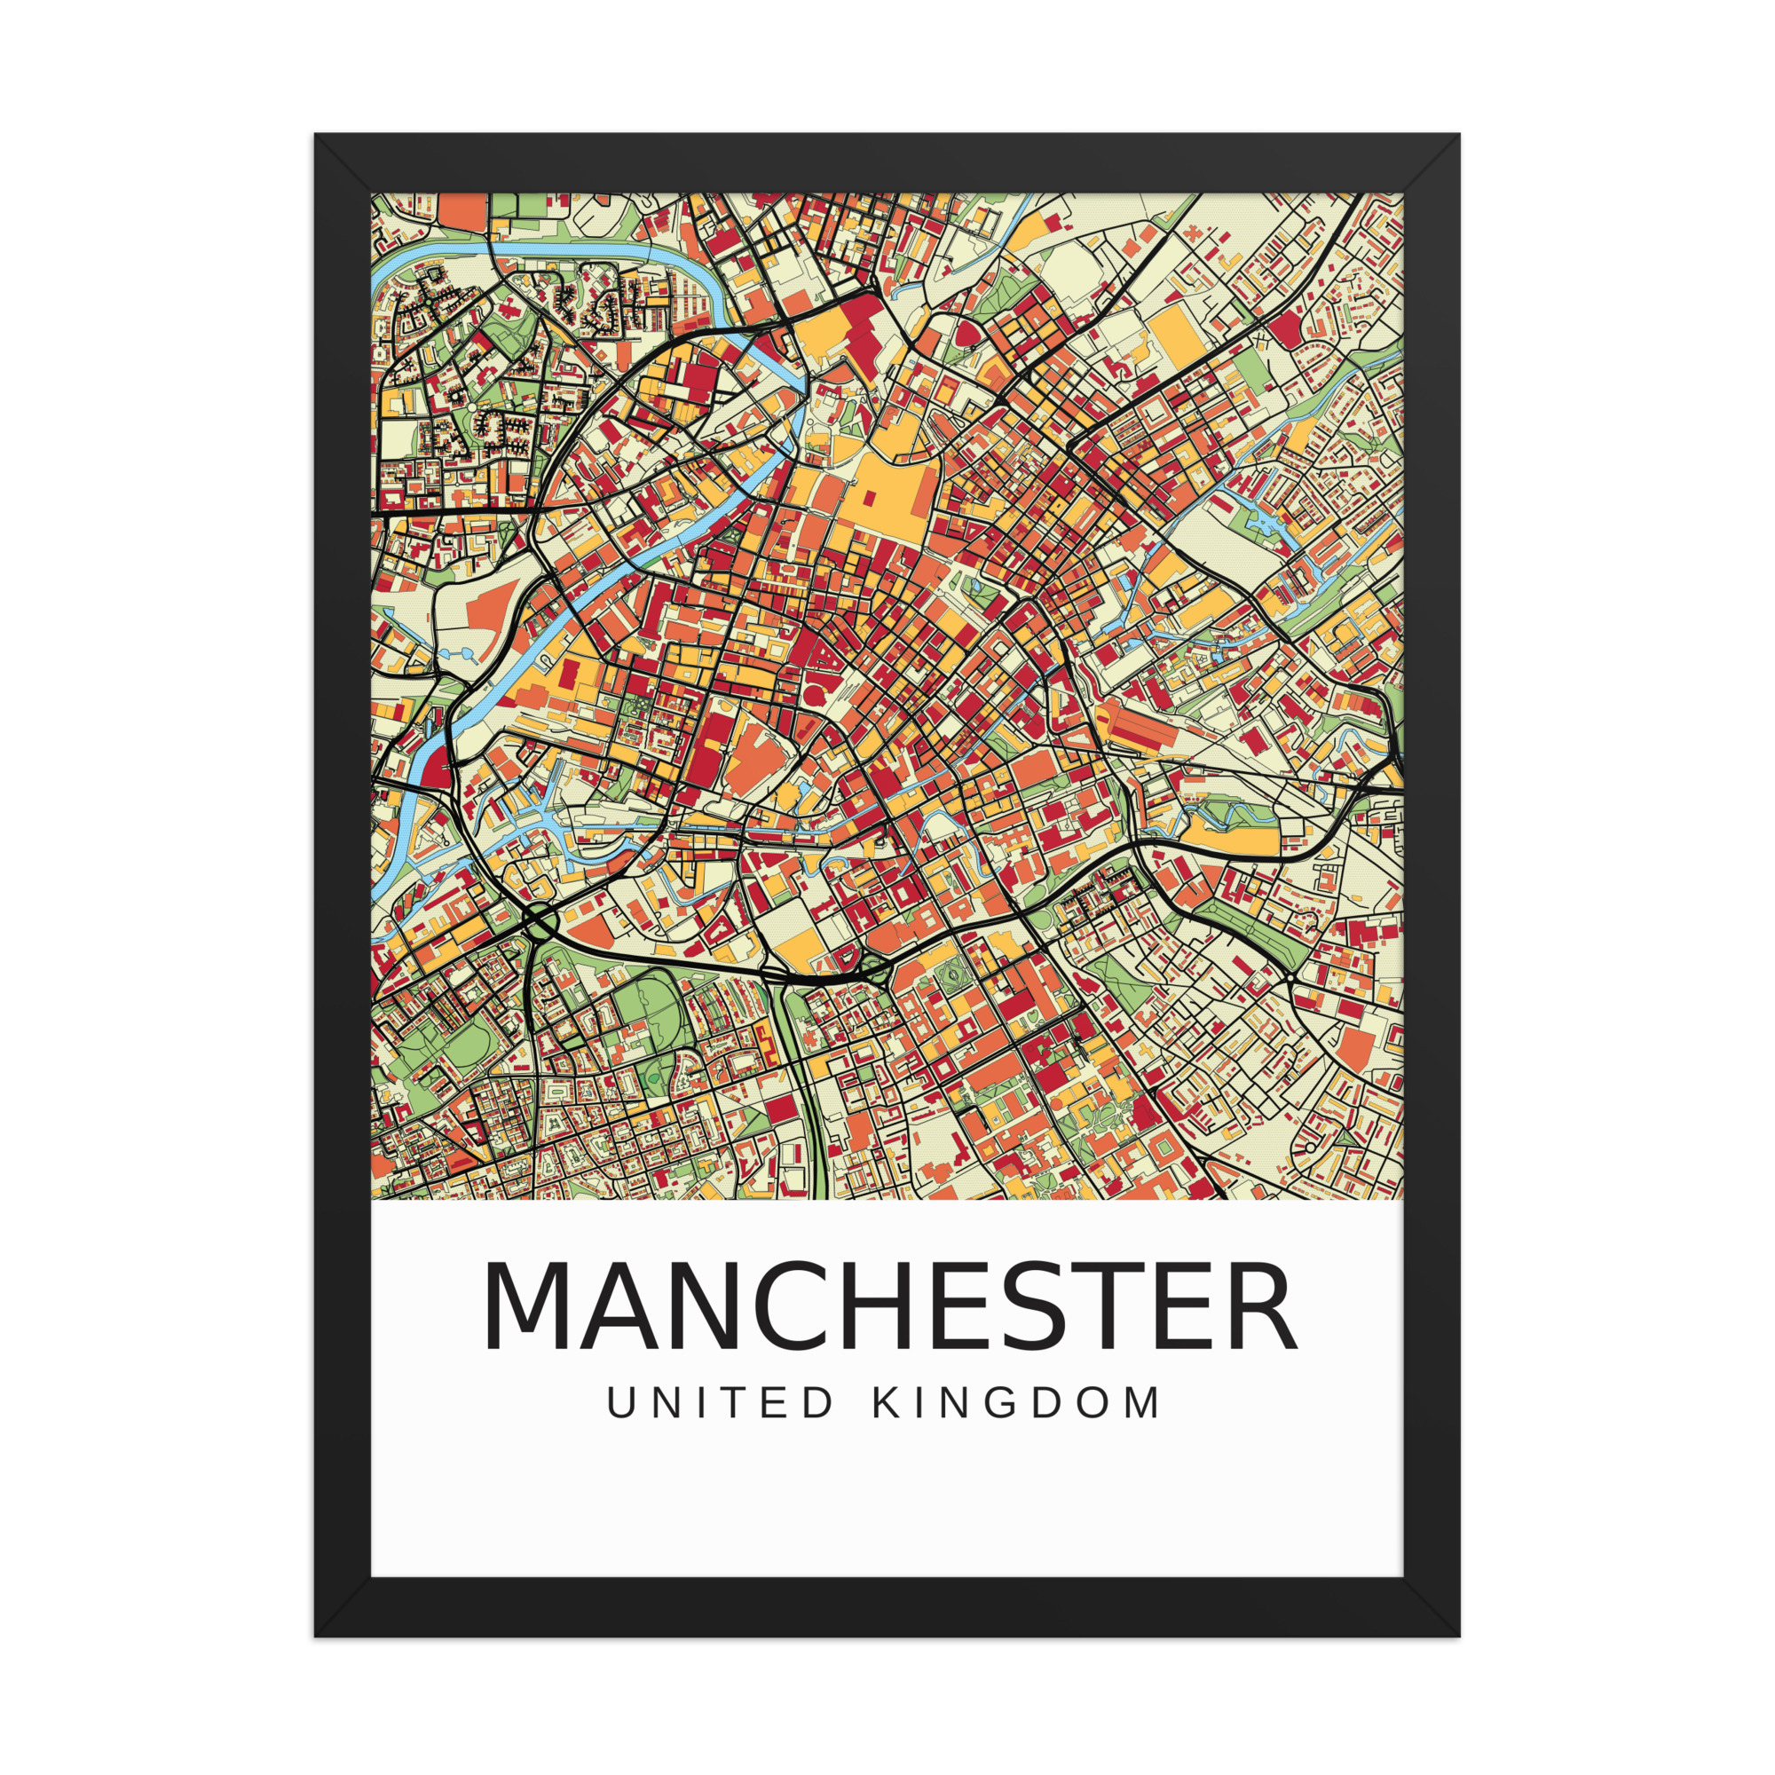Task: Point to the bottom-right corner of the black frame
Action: click(1458, 1636)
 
